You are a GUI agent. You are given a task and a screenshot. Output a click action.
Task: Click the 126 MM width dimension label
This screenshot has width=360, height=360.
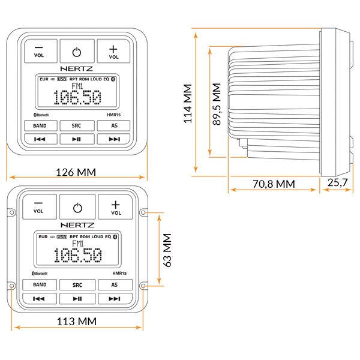[x=76, y=172]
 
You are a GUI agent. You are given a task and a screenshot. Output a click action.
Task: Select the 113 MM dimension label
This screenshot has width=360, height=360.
[x=76, y=322]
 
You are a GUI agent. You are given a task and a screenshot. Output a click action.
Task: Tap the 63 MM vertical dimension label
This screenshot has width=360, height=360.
[x=167, y=250]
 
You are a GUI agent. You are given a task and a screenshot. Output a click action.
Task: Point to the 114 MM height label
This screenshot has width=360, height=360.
[x=188, y=104]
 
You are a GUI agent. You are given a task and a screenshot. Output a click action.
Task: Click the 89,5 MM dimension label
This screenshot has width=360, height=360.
[x=217, y=104]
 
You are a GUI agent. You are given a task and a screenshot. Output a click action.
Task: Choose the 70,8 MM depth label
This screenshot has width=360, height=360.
[x=274, y=184]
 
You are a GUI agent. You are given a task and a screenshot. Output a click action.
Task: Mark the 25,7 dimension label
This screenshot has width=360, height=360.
[x=337, y=182]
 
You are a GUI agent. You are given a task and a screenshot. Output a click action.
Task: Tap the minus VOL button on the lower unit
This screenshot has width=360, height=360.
[x=40, y=206]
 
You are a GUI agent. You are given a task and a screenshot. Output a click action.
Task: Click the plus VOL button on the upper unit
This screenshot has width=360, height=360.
[x=113, y=51]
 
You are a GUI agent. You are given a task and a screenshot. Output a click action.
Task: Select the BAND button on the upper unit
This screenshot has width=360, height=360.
[x=40, y=125]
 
